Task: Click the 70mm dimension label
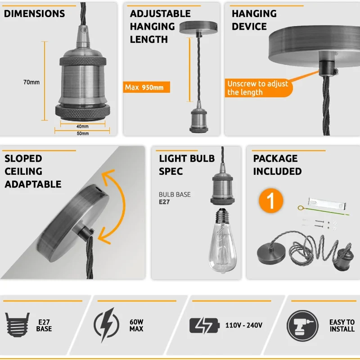pyautogui.click(x=31, y=82)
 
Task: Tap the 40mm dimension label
pyautogui.click(x=82, y=126)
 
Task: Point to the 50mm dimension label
pyautogui.click(x=83, y=133)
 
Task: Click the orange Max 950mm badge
pyautogui.click(x=147, y=87)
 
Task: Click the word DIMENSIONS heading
pyautogui.click(x=35, y=14)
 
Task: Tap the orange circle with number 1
pyautogui.click(x=271, y=201)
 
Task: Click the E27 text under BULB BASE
pyautogui.click(x=164, y=202)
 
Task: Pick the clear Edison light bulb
pyautogui.click(x=222, y=241)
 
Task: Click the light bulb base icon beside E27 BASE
pyautogui.click(x=18, y=324)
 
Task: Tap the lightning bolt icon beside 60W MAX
pyautogui.click(x=106, y=325)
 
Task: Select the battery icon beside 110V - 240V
pyautogui.click(x=204, y=325)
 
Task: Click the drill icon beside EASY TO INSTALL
pyautogui.click(x=302, y=325)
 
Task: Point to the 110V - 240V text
pyautogui.click(x=244, y=325)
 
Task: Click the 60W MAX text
pyautogui.click(x=136, y=325)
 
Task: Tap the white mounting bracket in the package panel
pyautogui.click(x=327, y=203)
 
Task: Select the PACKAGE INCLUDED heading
pyautogui.click(x=277, y=165)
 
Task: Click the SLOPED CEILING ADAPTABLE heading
pyautogui.click(x=33, y=171)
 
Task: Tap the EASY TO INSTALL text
pyautogui.click(x=342, y=325)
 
